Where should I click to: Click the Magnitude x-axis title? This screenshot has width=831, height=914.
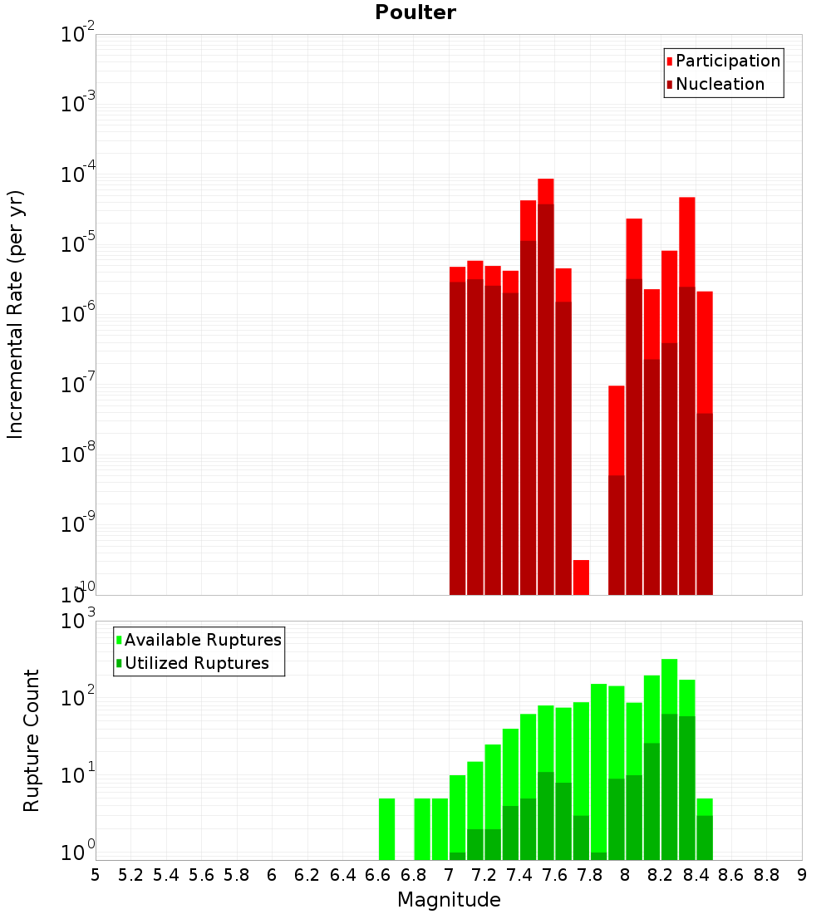449,900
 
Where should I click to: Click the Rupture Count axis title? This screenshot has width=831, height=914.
32,740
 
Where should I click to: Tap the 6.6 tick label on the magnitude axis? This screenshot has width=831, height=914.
378,874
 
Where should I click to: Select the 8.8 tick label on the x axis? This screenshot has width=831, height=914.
766,874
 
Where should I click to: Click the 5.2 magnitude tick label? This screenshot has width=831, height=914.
130,874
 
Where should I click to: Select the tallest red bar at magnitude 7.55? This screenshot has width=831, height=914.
545,191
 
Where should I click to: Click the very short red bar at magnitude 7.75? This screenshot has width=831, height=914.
581,577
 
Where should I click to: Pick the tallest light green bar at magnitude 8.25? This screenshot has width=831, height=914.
669,685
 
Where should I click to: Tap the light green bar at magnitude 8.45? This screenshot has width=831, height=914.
705,806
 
